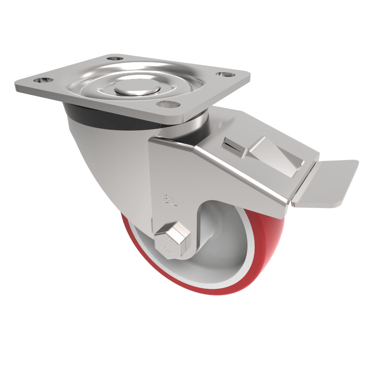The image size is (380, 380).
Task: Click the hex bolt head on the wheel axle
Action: (x=172, y=239)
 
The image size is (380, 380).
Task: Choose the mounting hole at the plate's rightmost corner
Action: (x=222, y=74)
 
